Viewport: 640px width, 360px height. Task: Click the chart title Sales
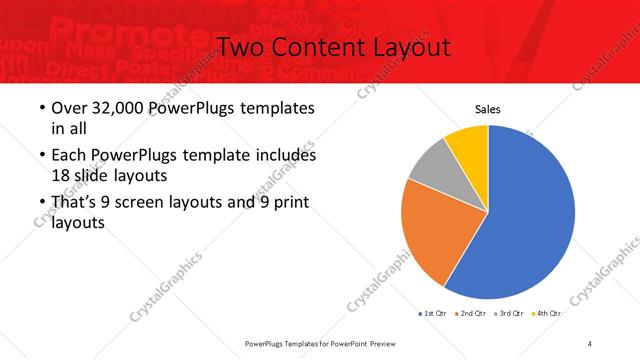click(x=487, y=110)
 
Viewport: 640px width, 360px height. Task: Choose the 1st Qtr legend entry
click(x=433, y=313)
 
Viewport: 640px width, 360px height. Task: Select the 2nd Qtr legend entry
click(x=470, y=313)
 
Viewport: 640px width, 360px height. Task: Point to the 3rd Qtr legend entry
click(x=508, y=313)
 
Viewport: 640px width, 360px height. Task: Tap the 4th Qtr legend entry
click(x=546, y=313)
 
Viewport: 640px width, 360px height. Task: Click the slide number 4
click(x=590, y=343)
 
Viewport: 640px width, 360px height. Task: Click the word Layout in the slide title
click(x=409, y=47)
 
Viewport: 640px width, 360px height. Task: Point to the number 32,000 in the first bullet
click(x=116, y=108)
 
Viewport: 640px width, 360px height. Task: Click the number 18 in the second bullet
click(x=59, y=174)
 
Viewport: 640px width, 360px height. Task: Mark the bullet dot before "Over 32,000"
click(x=39, y=109)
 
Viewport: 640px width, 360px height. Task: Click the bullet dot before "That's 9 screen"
click(x=39, y=204)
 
